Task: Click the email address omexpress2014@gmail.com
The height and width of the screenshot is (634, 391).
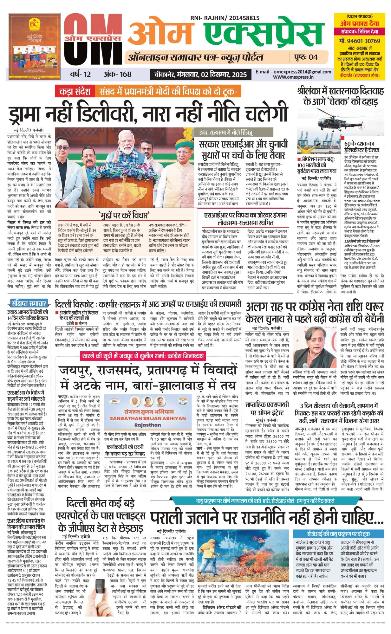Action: (293, 72)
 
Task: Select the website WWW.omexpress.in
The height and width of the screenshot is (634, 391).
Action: (293, 77)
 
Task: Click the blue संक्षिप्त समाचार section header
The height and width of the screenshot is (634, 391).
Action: (29, 303)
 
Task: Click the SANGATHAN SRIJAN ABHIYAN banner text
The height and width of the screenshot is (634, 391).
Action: (147, 418)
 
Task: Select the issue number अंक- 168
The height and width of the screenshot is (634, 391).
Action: (117, 74)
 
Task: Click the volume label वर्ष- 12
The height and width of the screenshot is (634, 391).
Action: (80, 74)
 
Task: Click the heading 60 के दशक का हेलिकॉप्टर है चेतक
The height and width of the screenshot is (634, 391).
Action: (362, 146)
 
